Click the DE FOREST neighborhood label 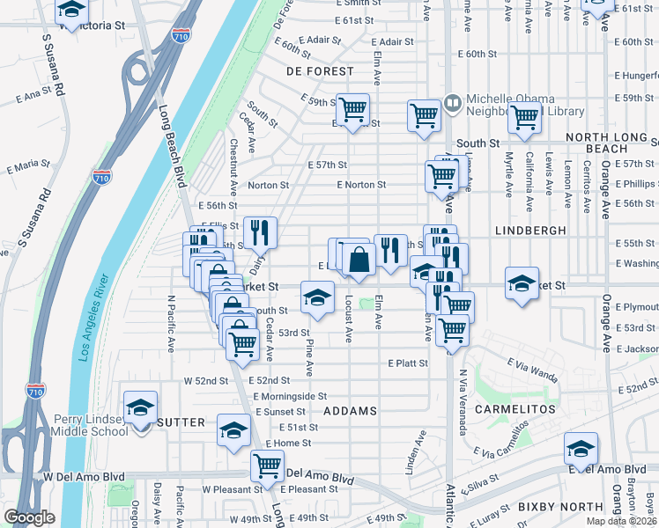320,70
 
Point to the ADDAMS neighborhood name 351,411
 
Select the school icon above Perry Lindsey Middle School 140,407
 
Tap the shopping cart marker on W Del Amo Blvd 267,466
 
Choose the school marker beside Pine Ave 318,297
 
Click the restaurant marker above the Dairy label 260,232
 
